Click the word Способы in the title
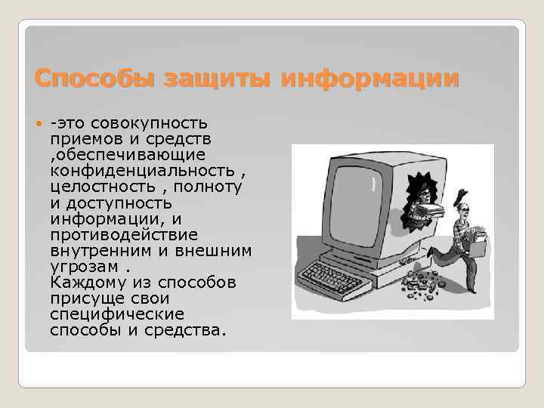(82, 78)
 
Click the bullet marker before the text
(39, 124)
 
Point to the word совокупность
(159, 123)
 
